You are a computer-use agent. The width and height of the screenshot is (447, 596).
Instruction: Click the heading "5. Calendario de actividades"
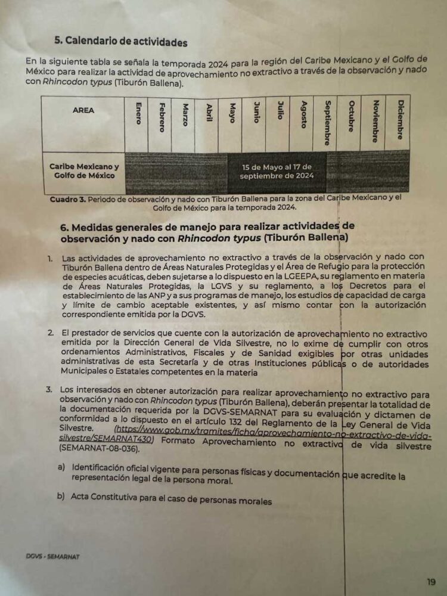[121, 42]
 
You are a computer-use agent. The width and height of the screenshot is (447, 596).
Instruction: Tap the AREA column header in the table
[83, 110]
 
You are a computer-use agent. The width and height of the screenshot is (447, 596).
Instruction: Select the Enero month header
[138, 113]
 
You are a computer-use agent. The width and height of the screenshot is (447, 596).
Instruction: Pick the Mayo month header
[232, 113]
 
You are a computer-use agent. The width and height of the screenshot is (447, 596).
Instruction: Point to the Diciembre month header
[399, 119]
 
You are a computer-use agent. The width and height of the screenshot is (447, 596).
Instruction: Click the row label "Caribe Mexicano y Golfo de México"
[84, 171]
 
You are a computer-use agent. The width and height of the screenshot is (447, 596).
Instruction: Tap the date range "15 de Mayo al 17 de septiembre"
[275, 172]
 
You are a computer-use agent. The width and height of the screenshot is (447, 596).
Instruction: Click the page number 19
[431, 582]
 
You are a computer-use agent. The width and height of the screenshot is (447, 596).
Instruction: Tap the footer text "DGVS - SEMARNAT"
[52, 557]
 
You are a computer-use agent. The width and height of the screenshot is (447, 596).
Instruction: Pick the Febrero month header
[162, 117]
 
